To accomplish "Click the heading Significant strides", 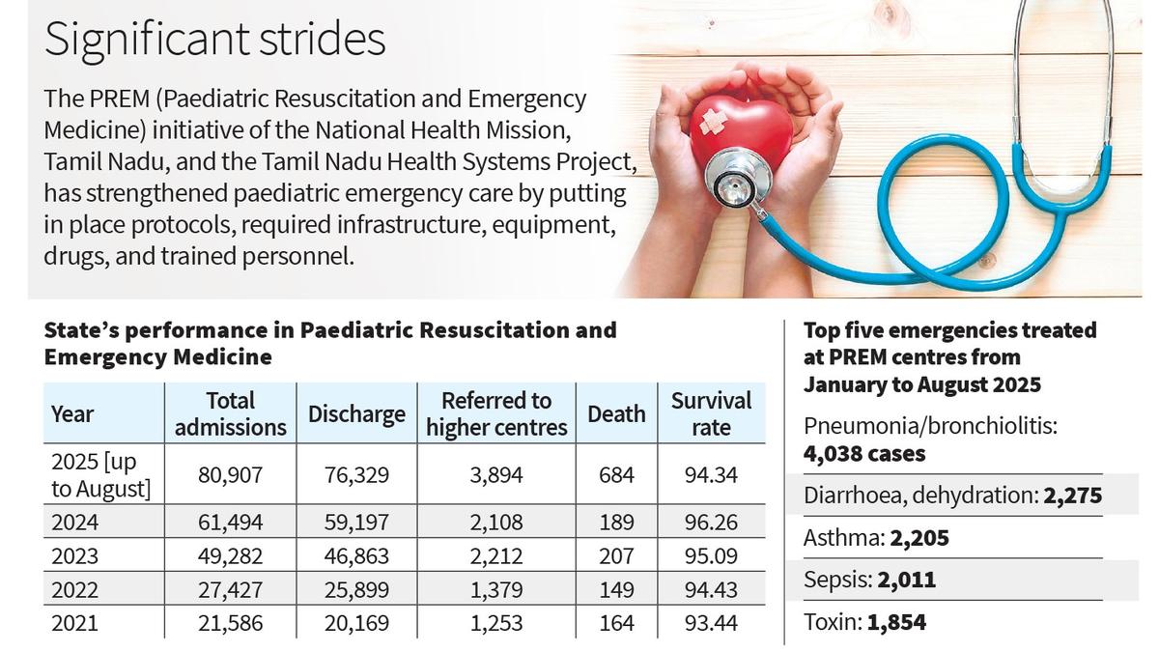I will coord(214,41).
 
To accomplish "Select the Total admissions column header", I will coord(231,413).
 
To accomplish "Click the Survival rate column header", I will coord(711,413).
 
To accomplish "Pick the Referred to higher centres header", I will coord(496,413).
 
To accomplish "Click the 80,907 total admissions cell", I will coord(231,474).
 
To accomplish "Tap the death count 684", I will coord(616,474).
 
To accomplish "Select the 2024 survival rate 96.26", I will coord(711,523).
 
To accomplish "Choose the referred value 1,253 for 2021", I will coord(496,624).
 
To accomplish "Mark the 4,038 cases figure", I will coord(851,453).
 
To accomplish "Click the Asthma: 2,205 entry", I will coord(876,538).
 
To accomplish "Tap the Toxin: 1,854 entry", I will coord(864,623).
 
